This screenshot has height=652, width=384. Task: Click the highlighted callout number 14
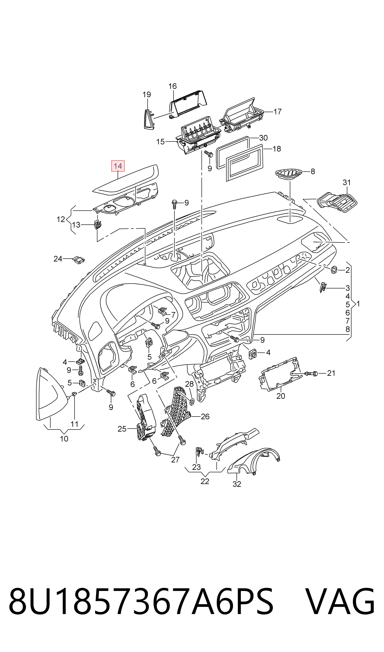(x=118, y=166)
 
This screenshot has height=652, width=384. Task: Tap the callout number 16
(x=173, y=86)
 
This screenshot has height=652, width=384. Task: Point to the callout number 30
(x=263, y=138)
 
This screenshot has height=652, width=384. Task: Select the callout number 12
(x=61, y=219)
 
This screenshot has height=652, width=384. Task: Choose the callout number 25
(x=122, y=429)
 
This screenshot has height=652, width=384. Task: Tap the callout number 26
(x=205, y=416)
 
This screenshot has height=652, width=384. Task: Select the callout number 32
(x=237, y=484)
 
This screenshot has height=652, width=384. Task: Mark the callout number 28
(x=189, y=384)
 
